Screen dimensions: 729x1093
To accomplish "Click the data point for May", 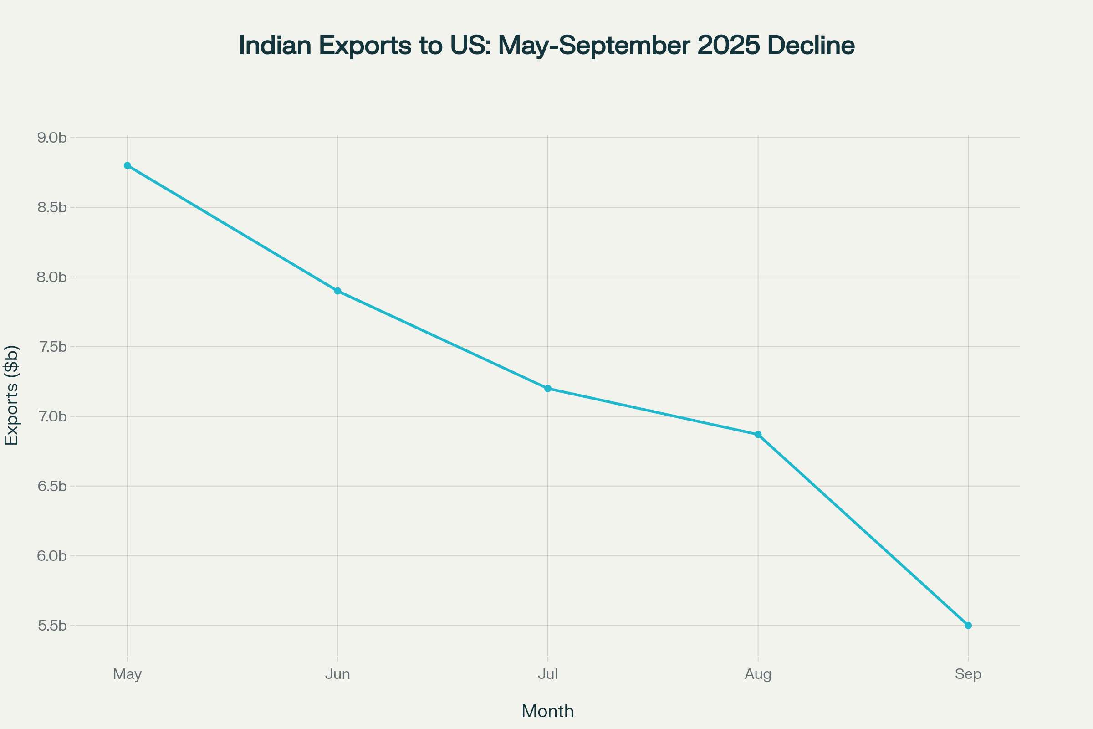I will point(128,165).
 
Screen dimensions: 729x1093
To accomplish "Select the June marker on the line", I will point(337,291).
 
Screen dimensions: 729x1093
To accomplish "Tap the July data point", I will point(548,389).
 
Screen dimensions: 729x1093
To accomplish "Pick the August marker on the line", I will point(758,435).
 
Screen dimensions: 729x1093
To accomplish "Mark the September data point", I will point(968,625).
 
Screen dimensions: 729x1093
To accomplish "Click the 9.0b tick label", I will point(52,138).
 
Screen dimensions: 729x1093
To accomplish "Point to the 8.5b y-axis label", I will point(52,207).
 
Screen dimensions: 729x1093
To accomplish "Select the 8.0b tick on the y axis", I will point(52,277).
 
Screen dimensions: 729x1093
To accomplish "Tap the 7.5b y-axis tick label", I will point(52,347).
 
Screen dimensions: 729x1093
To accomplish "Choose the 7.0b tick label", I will point(52,416).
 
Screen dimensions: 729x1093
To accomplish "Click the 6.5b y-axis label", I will point(52,486).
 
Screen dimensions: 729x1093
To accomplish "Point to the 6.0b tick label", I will point(52,556).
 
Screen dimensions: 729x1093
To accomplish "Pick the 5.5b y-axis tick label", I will point(52,626).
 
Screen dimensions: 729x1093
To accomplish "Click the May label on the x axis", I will point(128,674).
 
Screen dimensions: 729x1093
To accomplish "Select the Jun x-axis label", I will point(337,674).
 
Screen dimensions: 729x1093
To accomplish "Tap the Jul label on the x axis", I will point(548,674).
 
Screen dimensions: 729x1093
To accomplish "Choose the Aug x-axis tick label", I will point(758,674).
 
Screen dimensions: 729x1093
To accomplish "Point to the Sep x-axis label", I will point(968,674).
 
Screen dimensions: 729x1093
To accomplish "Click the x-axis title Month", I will point(547,711).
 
